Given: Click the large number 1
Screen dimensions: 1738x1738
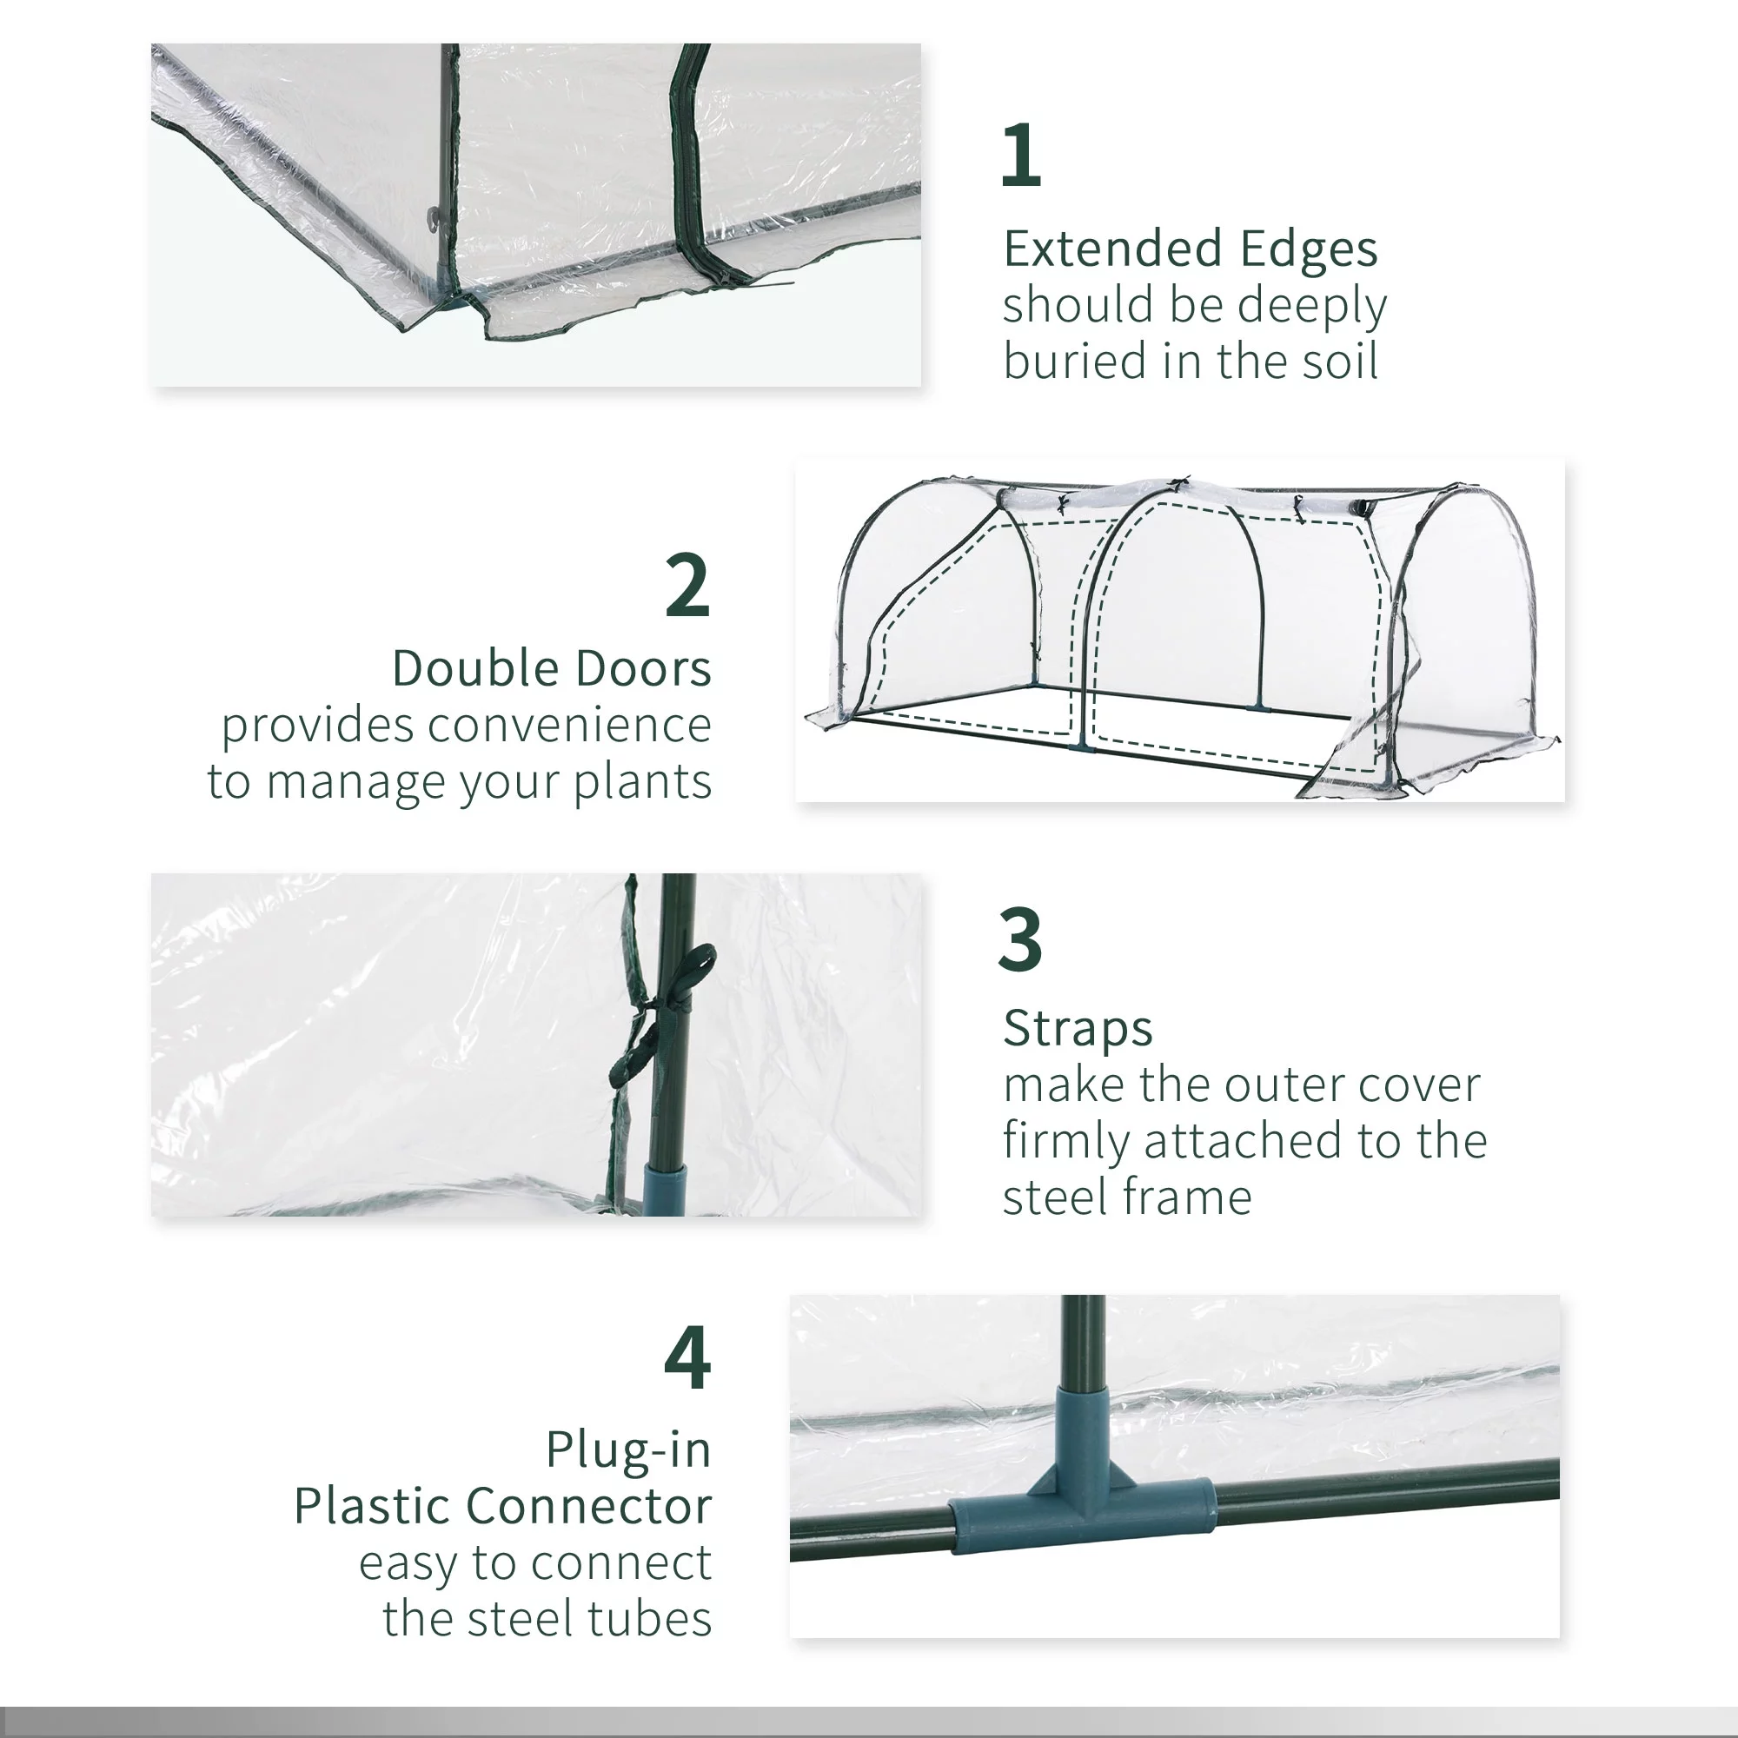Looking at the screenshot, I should (x=1021, y=156).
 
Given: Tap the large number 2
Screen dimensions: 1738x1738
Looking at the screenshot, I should (x=688, y=586).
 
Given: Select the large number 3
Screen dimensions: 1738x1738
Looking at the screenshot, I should (x=1020, y=939).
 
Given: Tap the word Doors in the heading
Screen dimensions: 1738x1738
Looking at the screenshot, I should (x=642, y=668).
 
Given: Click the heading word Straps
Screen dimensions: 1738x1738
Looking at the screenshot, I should (x=1077, y=1028).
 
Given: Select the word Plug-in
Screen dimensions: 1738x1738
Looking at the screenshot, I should (x=628, y=1451).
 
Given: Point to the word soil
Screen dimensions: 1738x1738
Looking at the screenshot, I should (x=1339, y=361).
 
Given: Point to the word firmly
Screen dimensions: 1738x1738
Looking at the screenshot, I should (x=1066, y=1142).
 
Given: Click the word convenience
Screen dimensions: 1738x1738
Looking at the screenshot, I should (x=568, y=725).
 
